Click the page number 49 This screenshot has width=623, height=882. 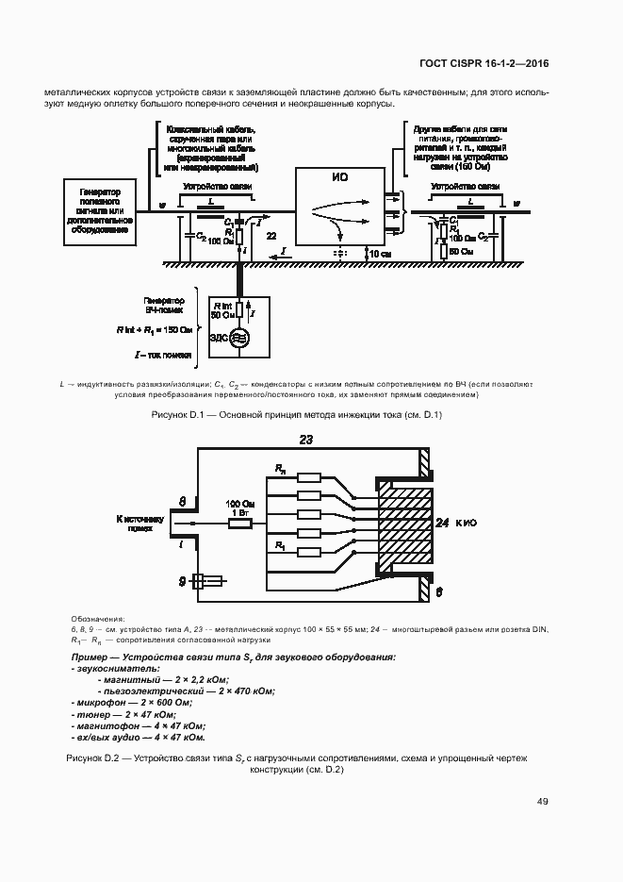click(x=543, y=802)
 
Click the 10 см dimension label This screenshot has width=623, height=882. click(x=380, y=255)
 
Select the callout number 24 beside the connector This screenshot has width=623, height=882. click(x=444, y=522)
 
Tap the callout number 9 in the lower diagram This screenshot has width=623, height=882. click(x=185, y=582)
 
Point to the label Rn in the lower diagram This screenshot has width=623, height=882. click(x=280, y=468)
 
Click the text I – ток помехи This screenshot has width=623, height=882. click(x=163, y=356)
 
